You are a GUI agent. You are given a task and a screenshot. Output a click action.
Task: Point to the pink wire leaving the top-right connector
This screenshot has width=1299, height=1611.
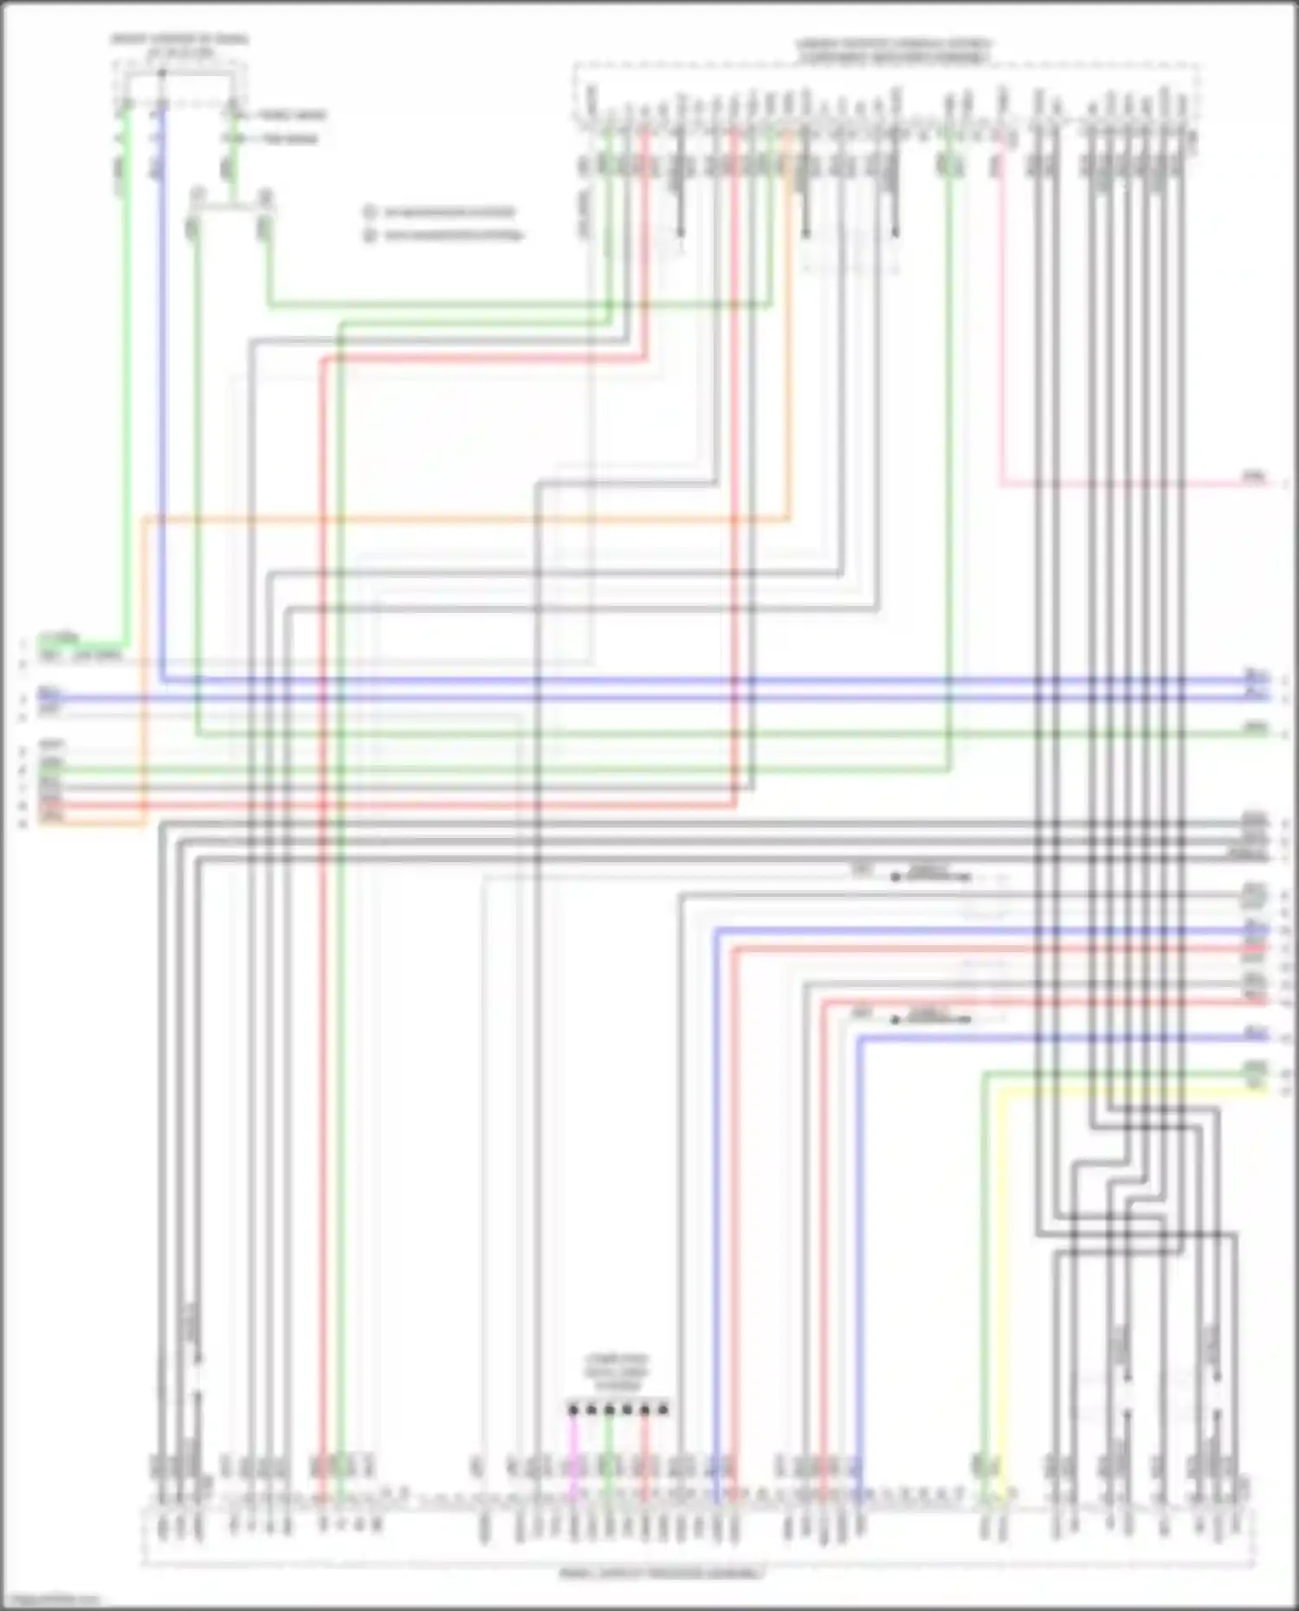tap(1002, 346)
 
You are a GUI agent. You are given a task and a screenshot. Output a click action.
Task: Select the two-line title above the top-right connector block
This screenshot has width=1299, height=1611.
tap(894, 50)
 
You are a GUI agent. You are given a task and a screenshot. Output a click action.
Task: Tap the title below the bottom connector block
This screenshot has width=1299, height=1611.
tap(662, 1573)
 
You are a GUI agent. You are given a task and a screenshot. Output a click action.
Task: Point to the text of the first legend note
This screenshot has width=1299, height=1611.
tap(449, 212)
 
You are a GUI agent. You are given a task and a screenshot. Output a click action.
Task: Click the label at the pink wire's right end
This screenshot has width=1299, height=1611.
tap(1253, 476)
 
